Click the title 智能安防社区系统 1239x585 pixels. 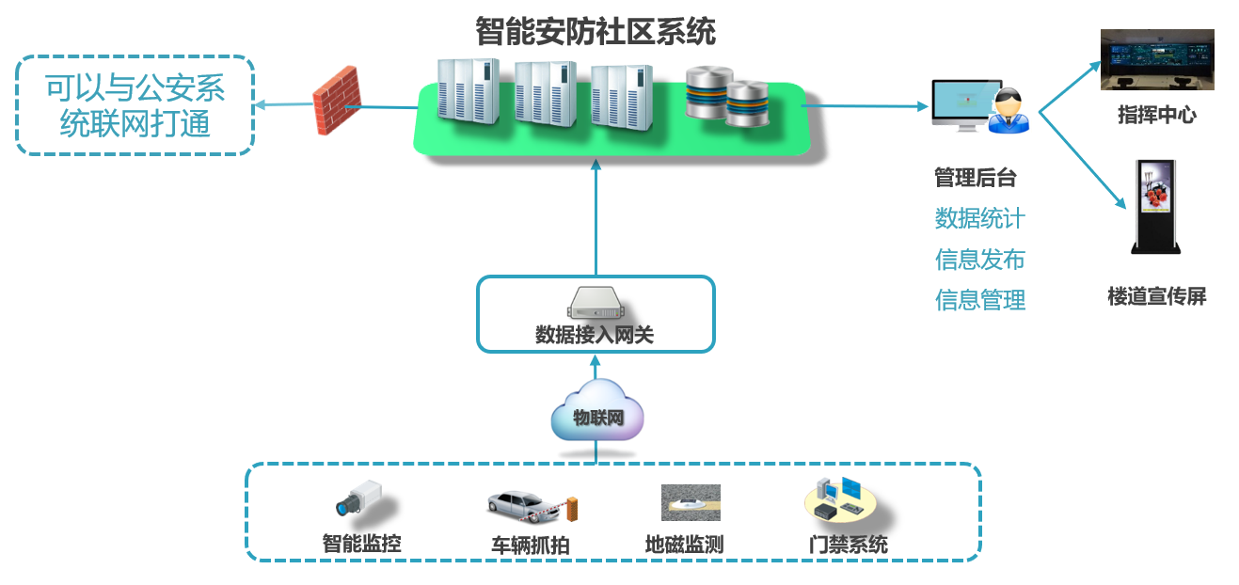click(595, 31)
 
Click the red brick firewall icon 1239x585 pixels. click(337, 100)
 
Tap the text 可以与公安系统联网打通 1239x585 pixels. click(135, 105)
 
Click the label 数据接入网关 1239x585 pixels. click(594, 335)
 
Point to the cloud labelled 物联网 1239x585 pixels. click(597, 417)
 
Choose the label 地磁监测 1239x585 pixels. click(684, 544)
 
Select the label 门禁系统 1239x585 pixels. click(848, 544)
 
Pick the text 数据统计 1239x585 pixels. click(979, 219)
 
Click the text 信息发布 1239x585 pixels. click(979, 260)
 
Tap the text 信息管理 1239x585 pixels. click(979, 300)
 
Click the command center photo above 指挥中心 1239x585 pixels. click(1157, 60)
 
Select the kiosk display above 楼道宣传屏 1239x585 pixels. click(1156, 208)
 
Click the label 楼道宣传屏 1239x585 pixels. click(1156, 297)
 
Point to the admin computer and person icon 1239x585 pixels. click(978, 104)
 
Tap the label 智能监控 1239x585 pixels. click(361, 544)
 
